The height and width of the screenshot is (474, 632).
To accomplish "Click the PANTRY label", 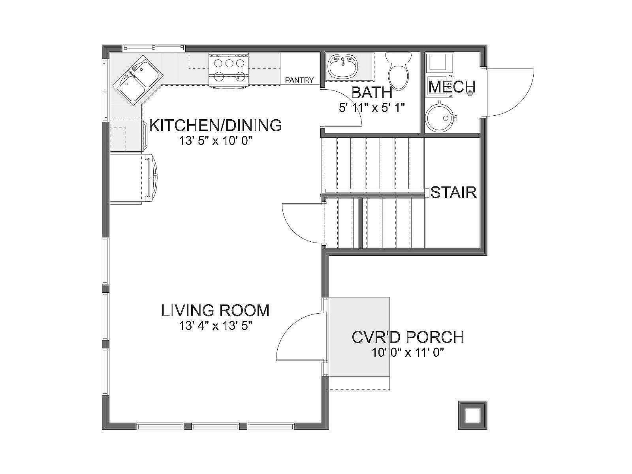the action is [299, 80].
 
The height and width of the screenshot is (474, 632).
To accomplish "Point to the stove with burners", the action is [229, 70].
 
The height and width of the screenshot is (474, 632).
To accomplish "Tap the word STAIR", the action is [453, 192].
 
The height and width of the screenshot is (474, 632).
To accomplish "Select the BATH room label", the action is [372, 93].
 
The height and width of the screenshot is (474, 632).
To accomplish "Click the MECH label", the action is [451, 87].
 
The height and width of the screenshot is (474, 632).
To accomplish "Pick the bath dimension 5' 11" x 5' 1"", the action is [372, 108].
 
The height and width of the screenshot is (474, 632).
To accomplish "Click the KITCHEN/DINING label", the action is [215, 125].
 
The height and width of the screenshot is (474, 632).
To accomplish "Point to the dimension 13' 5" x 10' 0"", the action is [215, 141].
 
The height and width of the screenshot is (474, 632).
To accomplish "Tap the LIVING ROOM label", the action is [215, 310].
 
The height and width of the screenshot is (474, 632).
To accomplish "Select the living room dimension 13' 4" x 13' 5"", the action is [215, 326].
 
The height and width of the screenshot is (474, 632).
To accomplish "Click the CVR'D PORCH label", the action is [408, 337].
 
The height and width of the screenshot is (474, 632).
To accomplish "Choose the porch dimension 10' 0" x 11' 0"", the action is [408, 353].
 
